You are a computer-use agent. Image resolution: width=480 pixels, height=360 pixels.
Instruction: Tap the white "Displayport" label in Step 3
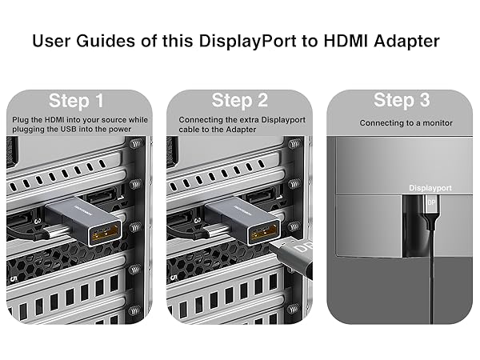point(431,186)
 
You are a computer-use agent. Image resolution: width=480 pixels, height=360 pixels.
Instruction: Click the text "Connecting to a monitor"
point(406,123)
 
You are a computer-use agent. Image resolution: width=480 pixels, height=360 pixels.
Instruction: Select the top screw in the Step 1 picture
point(135,145)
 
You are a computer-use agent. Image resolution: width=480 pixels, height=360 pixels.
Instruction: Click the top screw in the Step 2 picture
point(295,145)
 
